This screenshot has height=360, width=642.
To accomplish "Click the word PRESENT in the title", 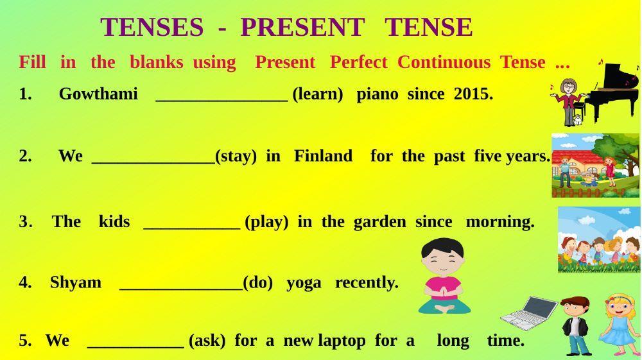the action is (x=302, y=27).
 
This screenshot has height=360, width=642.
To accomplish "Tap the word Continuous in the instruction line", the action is (x=444, y=62).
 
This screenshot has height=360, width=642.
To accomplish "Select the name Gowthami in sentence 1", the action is (x=98, y=94).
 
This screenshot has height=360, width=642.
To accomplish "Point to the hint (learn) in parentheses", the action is (x=318, y=94).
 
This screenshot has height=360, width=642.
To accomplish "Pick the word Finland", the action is (x=323, y=156).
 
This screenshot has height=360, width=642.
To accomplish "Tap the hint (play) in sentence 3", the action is (x=266, y=222).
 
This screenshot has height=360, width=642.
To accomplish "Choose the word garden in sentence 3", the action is (x=379, y=222).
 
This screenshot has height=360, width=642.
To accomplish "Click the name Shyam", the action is (x=76, y=282).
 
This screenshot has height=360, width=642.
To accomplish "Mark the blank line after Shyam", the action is (x=181, y=289).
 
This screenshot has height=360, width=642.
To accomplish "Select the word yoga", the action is (x=304, y=283).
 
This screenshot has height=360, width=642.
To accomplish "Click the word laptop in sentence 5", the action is (x=342, y=341).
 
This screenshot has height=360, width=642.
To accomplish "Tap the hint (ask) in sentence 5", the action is (x=207, y=340).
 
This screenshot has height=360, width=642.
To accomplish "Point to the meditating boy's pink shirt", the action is (x=444, y=288).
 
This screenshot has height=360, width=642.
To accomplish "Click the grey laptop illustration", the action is (x=529, y=313).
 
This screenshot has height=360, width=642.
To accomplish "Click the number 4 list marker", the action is (x=25, y=283).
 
